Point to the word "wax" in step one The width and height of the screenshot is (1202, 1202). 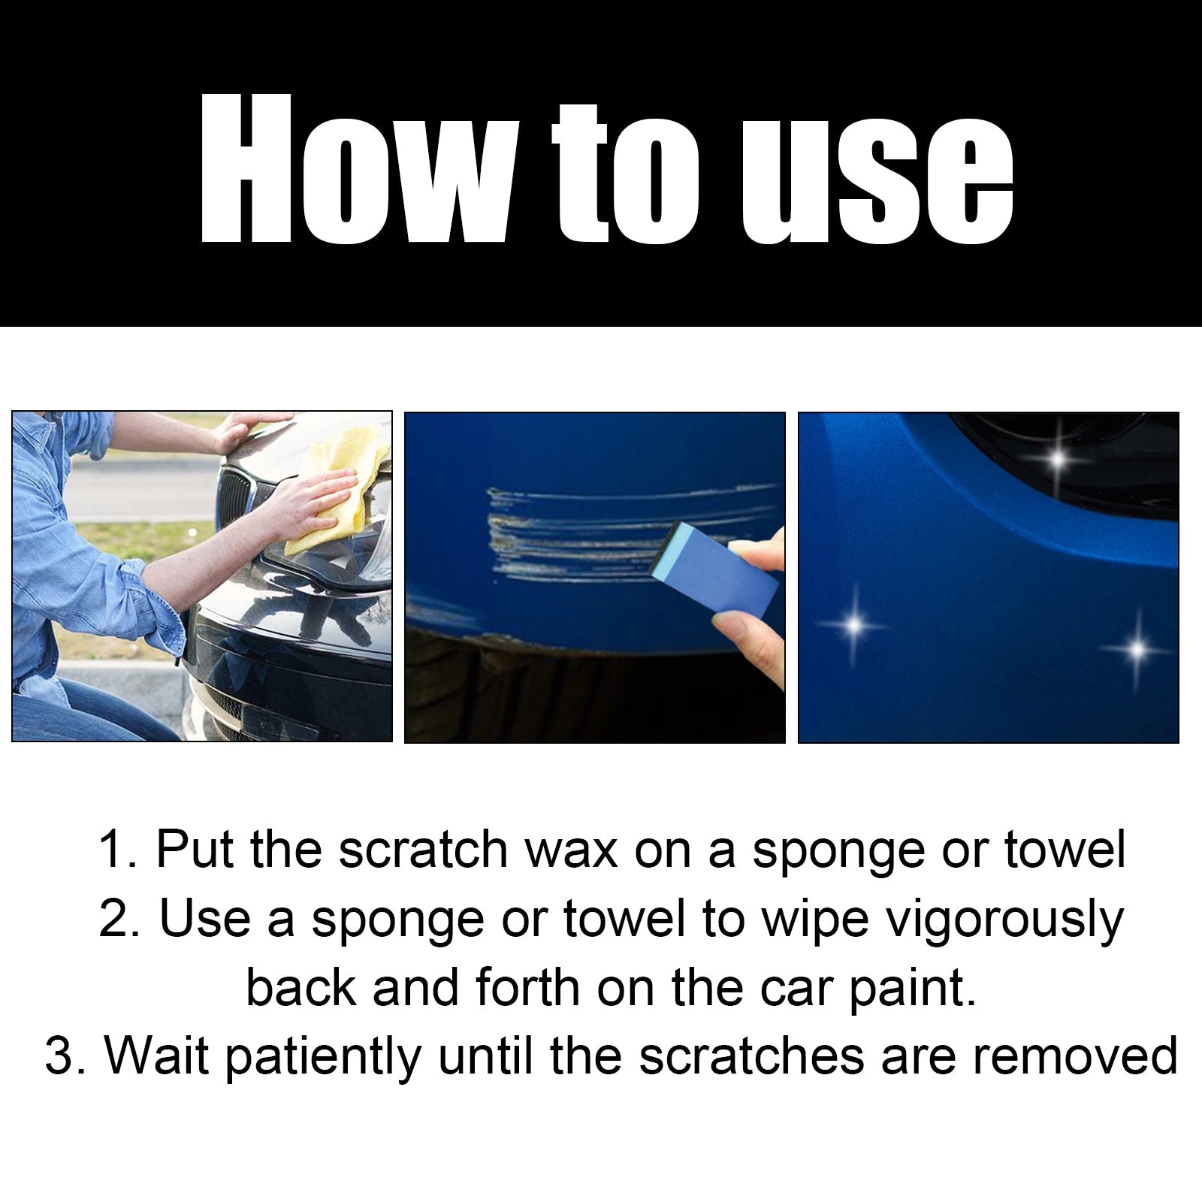[x=571, y=850]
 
